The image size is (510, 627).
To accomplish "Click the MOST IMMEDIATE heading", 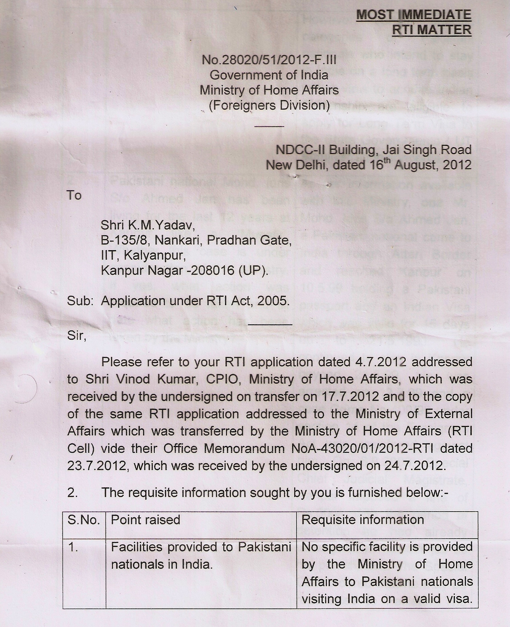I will point(414,15).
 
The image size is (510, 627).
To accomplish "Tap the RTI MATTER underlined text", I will point(431,30).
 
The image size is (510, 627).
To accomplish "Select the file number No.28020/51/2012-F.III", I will point(269,60).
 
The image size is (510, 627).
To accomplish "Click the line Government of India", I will point(269,75).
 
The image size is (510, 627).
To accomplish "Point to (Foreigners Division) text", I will point(269,105).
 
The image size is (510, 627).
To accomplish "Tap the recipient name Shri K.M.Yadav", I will point(148,225).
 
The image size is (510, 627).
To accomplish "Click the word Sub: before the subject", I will point(80,301).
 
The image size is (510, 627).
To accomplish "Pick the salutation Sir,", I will point(77,335).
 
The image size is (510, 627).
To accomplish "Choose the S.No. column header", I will point(84,520).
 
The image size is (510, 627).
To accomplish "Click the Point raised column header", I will point(145,520).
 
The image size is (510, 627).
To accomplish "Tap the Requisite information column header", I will point(363,520).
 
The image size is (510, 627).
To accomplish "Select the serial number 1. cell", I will point(73,547).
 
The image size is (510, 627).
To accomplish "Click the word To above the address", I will point(74,195).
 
